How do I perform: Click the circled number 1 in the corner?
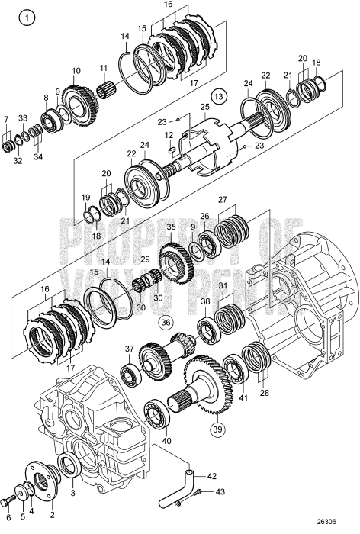coord(27,18)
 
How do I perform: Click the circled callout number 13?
coord(219,96)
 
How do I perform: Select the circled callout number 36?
coord(166,323)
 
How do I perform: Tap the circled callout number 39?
coord(217,429)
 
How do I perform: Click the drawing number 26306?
coord(326,521)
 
